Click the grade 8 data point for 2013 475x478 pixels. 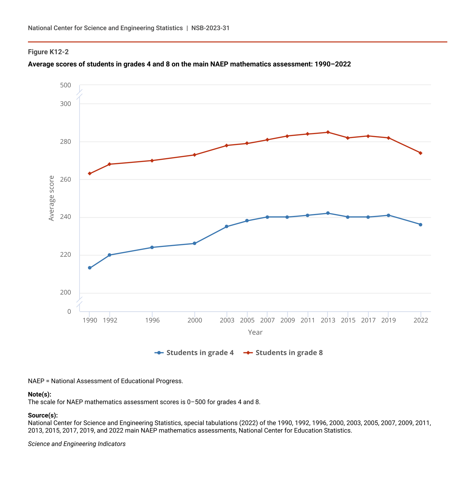328,132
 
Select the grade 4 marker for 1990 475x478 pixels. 89,268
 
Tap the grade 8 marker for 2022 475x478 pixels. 420,153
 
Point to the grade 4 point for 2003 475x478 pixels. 226,227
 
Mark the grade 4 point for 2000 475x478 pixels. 195,244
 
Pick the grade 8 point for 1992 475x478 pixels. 109,164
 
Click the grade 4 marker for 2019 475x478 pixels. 388,215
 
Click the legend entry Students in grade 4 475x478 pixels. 194,353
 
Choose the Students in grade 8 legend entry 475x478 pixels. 283,353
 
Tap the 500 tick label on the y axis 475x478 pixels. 65,85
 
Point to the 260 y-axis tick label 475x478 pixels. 65,179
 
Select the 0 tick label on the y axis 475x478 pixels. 69,311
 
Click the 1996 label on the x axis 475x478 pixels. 152,320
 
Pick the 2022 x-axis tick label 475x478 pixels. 421,320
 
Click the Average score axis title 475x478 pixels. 51,198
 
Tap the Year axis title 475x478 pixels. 255,332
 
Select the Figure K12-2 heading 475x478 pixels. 48,52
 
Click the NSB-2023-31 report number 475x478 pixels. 210,28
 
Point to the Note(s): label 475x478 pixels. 39,394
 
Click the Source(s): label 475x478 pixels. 43,415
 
